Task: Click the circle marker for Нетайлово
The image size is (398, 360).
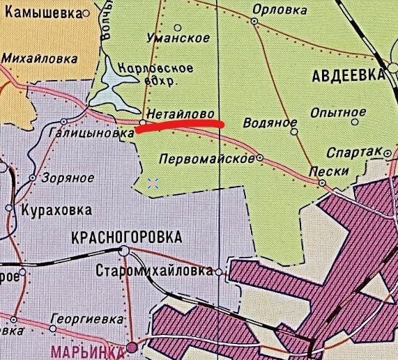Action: pos(142,122)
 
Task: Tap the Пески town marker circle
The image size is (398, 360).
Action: pos(322,182)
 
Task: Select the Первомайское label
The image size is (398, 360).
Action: pos(206,159)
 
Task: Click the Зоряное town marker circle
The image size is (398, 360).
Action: pos(32,178)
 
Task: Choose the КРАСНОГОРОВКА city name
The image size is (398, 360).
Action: pos(126,237)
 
